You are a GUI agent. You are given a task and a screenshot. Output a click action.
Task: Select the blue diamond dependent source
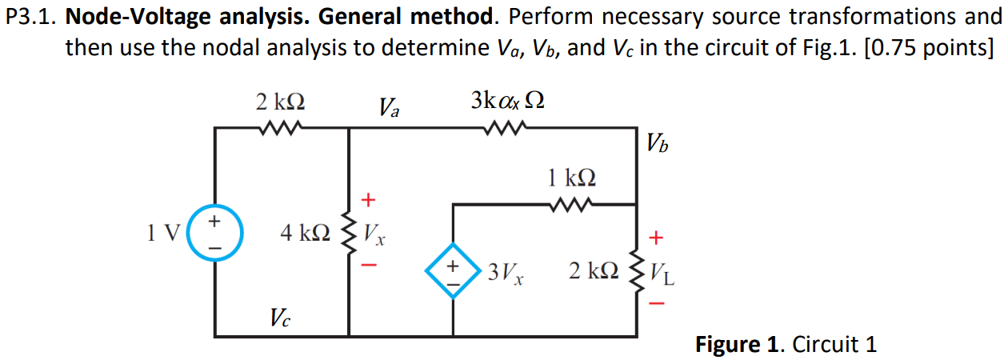point(454,270)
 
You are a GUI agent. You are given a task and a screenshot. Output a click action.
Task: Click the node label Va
point(390,106)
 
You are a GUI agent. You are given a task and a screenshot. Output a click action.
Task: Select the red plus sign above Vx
point(369,198)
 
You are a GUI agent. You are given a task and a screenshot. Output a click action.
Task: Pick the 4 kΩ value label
point(305,234)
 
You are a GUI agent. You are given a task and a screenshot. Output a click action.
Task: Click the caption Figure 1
point(741,345)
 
